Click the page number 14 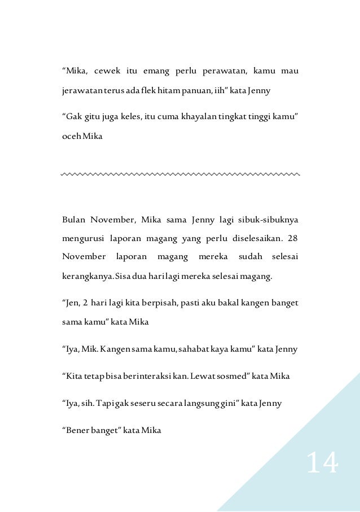coord(323,465)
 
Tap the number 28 coord(292,238)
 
